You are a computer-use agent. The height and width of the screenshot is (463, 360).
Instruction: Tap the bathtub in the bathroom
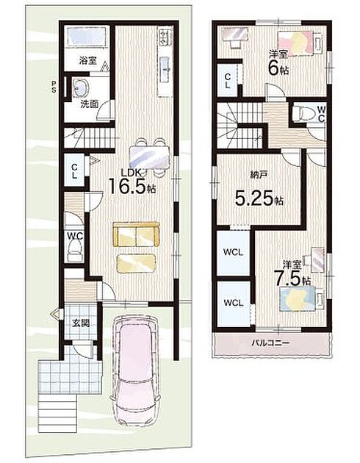87,37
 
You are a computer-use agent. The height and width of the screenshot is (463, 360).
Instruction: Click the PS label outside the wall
54,87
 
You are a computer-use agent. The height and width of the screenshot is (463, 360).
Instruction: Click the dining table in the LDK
150,157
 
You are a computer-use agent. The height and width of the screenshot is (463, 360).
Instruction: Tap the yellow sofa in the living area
137,234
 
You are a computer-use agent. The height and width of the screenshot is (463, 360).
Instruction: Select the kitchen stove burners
165,37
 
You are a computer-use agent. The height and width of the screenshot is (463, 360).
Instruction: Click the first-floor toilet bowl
75,250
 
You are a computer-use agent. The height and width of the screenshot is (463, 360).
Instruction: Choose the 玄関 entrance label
81,323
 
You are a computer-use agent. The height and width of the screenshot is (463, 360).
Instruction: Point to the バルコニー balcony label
270,342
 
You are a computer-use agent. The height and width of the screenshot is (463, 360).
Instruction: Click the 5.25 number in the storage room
254,198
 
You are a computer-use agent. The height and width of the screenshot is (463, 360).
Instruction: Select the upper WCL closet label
233,252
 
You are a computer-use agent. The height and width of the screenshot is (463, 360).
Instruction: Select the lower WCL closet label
233,303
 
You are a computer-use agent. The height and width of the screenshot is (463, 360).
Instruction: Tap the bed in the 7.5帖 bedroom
301,298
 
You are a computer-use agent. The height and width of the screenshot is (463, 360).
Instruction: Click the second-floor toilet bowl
303,113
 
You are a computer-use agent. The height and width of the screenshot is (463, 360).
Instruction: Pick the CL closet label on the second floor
228,81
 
